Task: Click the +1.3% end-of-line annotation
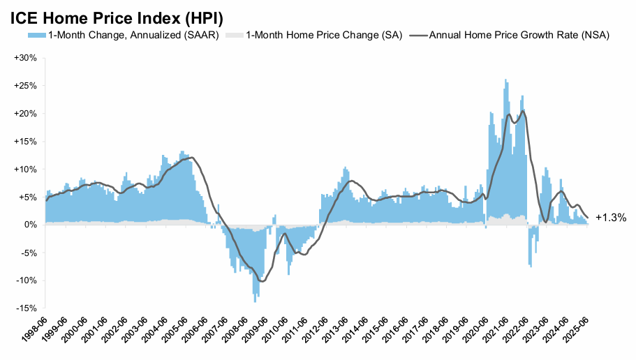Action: pyautogui.click(x=610, y=218)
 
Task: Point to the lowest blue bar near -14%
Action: pyautogui.click(x=255, y=300)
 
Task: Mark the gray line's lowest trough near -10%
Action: pyautogui.click(x=262, y=281)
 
